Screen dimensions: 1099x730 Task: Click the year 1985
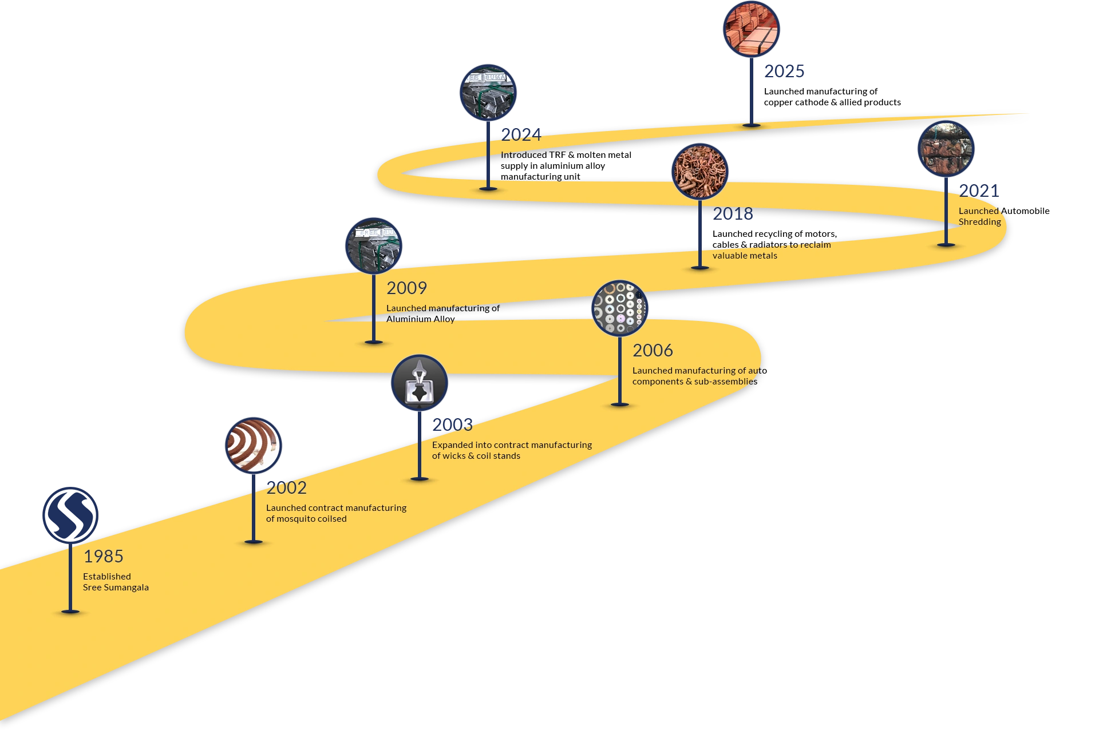click(x=104, y=556)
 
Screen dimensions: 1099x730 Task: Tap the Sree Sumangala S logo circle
click(x=70, y=515)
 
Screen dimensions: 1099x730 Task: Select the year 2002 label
click(x=286, y=487)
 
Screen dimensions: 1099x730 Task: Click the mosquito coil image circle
click(x=254, y=446)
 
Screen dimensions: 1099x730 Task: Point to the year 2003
click(x=452, y=424)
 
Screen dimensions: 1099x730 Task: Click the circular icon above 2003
click(x=420, y=383)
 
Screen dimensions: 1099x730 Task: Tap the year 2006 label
click(x=653, y=350)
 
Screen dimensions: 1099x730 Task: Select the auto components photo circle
click(x=620, y=308)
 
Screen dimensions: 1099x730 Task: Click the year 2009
click(x=406, y=288)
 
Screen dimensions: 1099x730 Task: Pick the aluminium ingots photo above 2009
click(x=374, y=246)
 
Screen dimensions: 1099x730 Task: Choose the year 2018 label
click(x=733, y=213)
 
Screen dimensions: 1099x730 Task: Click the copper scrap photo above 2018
click(x=700, y=172)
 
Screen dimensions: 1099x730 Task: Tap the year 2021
click(x=979, y=191)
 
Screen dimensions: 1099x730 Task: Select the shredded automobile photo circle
click(x=946, y=149)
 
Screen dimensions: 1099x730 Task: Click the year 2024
click(x=521, y=134)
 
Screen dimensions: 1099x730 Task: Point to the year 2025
click(x=784, y=71)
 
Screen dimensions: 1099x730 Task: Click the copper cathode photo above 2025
click(x=752, y=29)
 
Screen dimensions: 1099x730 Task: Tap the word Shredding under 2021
click(x=980, y=222)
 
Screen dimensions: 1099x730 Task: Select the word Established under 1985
click(x=107, y=576)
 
